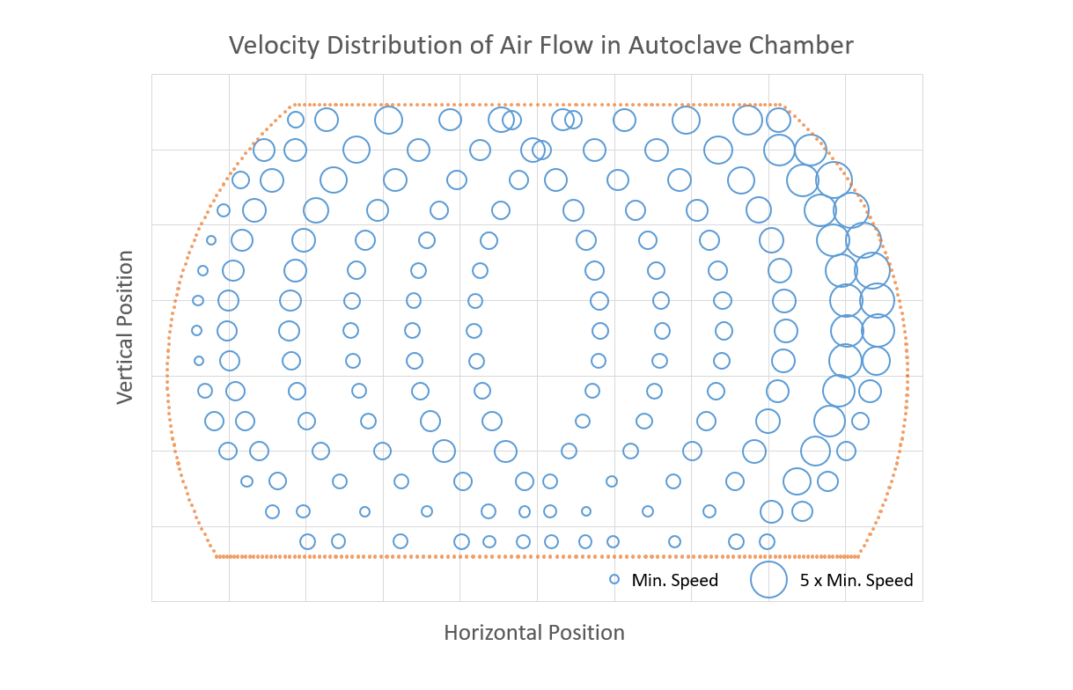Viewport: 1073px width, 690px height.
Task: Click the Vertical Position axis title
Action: tap(126, 327)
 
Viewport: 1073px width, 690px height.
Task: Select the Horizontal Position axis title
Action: tap(534, 633)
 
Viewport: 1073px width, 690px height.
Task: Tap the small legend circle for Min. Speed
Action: tap(614, 580)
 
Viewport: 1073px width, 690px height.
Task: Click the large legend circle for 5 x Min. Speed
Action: tap(768, 579)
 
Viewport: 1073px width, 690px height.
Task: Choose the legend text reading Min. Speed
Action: tap(675, 581)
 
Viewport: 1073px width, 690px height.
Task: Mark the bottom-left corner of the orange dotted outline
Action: tap(216, 556)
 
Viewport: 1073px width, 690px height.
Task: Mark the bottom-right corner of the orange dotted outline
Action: tap(858, 556)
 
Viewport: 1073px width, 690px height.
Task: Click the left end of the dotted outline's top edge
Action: tap(291, 105)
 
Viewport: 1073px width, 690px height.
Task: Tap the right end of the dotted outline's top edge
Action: tap(782, 105)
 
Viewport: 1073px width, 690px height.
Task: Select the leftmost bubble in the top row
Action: tap(296, 120)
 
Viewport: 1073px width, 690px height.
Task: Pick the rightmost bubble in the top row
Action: tap(778, 120)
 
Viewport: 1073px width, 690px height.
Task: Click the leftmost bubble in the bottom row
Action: tap(307, 541)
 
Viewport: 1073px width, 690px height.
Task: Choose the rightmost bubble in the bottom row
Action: tap(767, 541)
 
